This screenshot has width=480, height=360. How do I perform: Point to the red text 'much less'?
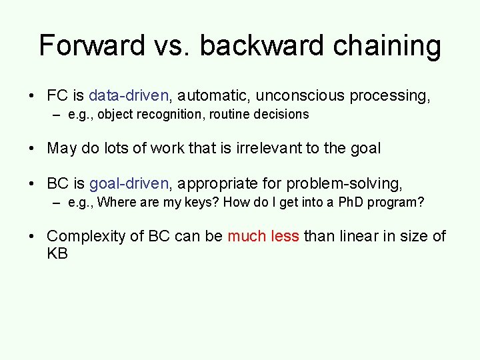(263, 236)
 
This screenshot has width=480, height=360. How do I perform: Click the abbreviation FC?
(57, 96)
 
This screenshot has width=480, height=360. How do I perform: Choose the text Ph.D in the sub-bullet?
(353, 202)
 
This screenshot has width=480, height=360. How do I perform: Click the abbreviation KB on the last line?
(57, 254)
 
